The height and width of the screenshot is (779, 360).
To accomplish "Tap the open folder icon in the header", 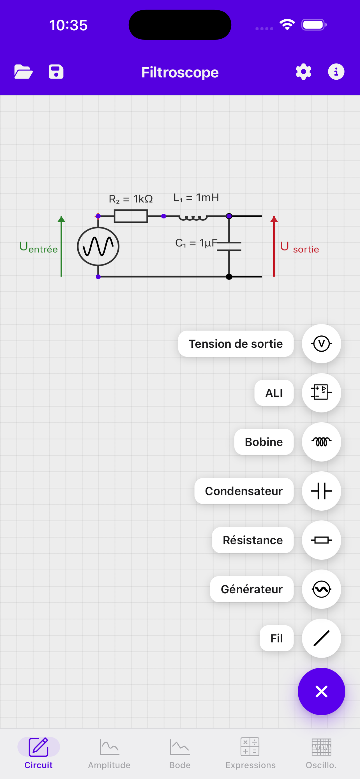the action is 23,72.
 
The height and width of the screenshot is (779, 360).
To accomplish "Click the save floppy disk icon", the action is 56,72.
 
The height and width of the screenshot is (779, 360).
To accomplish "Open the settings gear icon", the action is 303,72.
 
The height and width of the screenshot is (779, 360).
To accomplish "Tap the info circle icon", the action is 336,72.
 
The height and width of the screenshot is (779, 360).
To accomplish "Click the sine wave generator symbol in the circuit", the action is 98,246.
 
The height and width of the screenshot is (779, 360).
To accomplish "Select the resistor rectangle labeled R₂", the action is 131,216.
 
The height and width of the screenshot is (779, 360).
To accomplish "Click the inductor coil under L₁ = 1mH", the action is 193,217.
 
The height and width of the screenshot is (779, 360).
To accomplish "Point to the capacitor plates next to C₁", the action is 229,246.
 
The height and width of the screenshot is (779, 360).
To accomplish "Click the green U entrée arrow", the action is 61,246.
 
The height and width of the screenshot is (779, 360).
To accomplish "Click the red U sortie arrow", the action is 274,246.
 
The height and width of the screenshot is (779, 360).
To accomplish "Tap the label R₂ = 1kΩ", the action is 131,199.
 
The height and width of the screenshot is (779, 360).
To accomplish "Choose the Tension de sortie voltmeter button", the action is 321,344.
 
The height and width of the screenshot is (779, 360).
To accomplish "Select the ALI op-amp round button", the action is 321,393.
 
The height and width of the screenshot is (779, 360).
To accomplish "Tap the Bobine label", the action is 264,442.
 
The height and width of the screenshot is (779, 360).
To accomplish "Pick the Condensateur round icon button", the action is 321,491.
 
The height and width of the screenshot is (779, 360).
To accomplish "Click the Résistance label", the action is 253,540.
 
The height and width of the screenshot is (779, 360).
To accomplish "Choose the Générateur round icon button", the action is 321,589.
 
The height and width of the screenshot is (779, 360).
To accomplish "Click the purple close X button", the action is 321,691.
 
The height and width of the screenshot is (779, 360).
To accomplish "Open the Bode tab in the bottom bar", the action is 180,753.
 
